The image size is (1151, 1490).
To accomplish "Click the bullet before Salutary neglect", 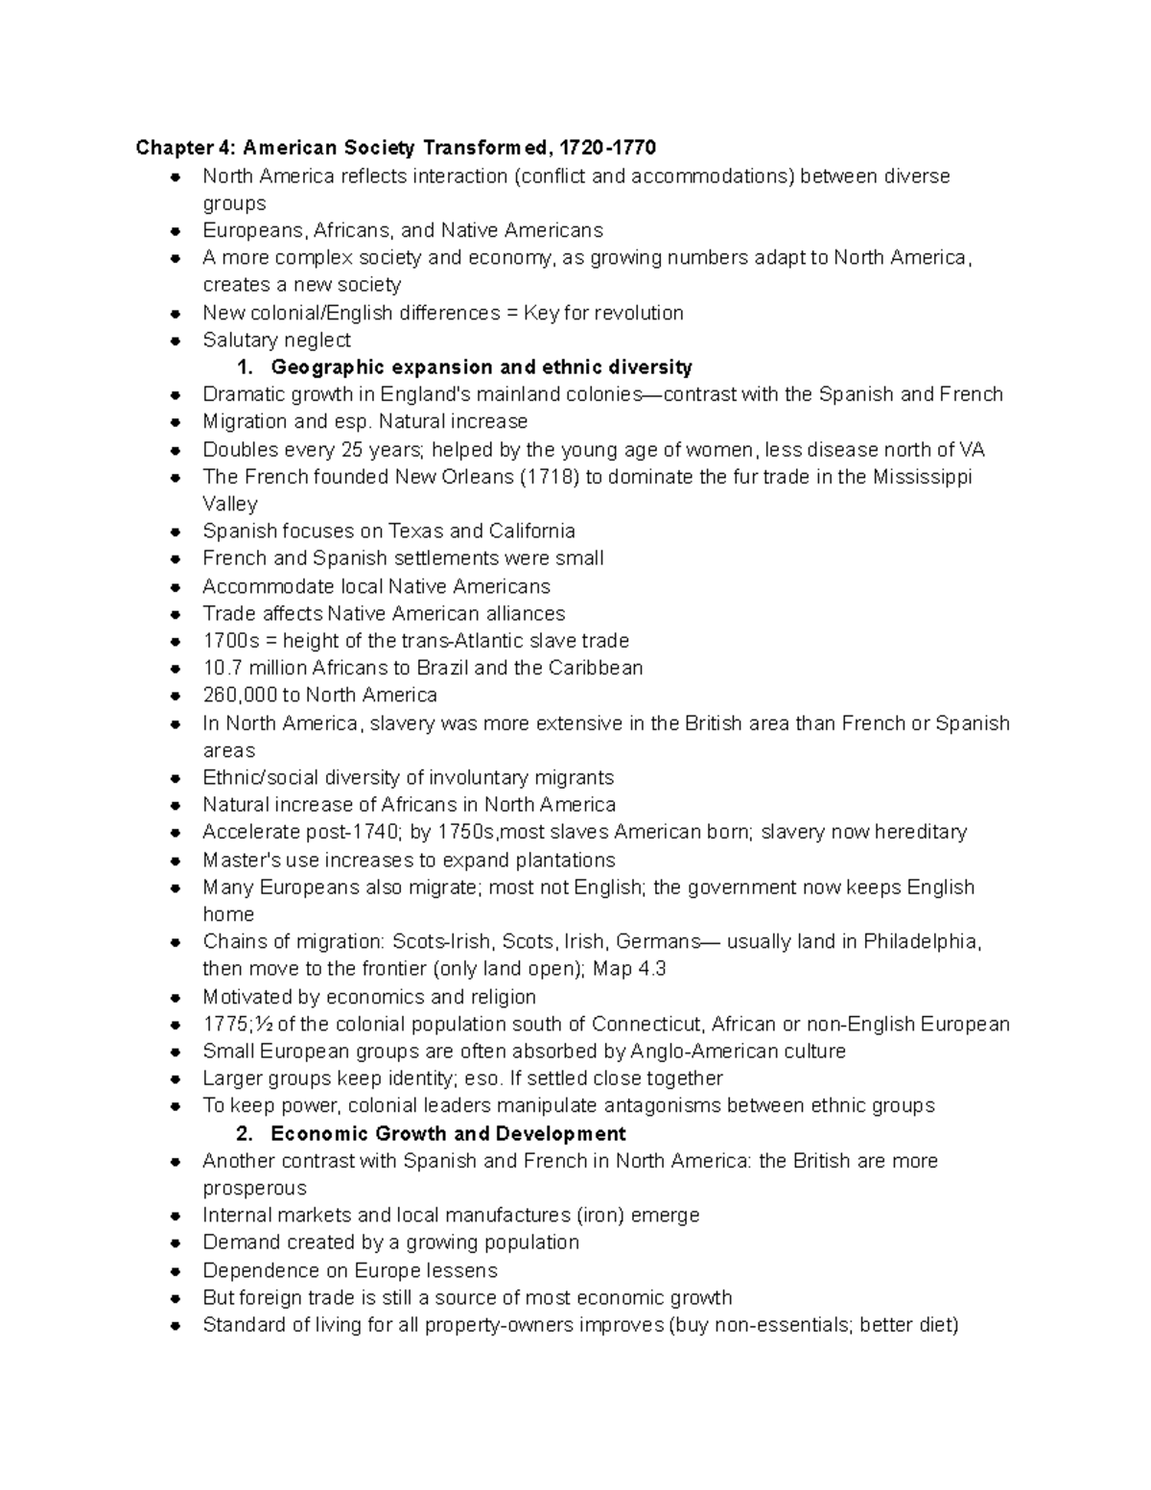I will click(175, 341).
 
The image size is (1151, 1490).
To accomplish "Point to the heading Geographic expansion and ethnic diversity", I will click(481, 367).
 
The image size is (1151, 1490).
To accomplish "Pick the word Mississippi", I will click(922, 477).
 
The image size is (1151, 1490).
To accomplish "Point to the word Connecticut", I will click(646, 1025).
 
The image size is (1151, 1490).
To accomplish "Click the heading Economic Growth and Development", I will click(448, 1134).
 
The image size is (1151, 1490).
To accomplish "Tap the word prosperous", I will click(254, 1189).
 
